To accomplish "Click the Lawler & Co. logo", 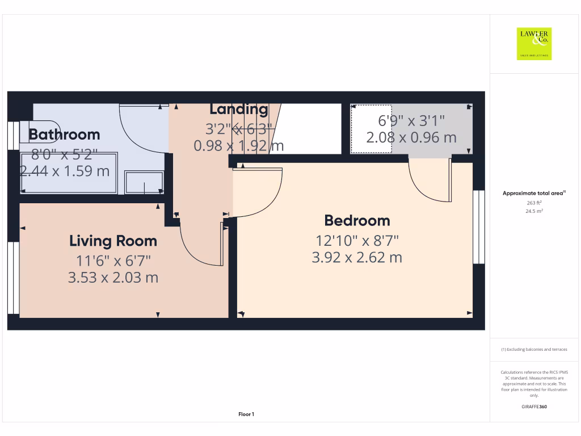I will coord(534,44).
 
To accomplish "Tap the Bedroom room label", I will coord(357,220).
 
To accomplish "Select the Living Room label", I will coord(113,241).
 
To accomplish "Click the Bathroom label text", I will coord(64,135).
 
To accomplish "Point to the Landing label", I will coord(238,109).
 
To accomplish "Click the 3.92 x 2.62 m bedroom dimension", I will coord(357,257).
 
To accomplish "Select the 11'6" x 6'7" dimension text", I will coord(113,261).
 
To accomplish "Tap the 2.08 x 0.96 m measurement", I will coord(411,137).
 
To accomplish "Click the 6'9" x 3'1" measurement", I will coord(411,120).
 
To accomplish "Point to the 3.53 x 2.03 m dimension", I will coord(113,278).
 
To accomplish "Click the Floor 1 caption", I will coord(246,414).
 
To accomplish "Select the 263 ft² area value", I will coord(534,202).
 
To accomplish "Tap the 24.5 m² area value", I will coord(534,211).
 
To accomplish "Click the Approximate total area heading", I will coord(534,193).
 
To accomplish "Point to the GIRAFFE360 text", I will coord(534,406).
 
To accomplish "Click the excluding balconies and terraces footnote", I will coord(534,350).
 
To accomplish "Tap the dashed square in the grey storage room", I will coord(371,129).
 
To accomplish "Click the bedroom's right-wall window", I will coord(479,227).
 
